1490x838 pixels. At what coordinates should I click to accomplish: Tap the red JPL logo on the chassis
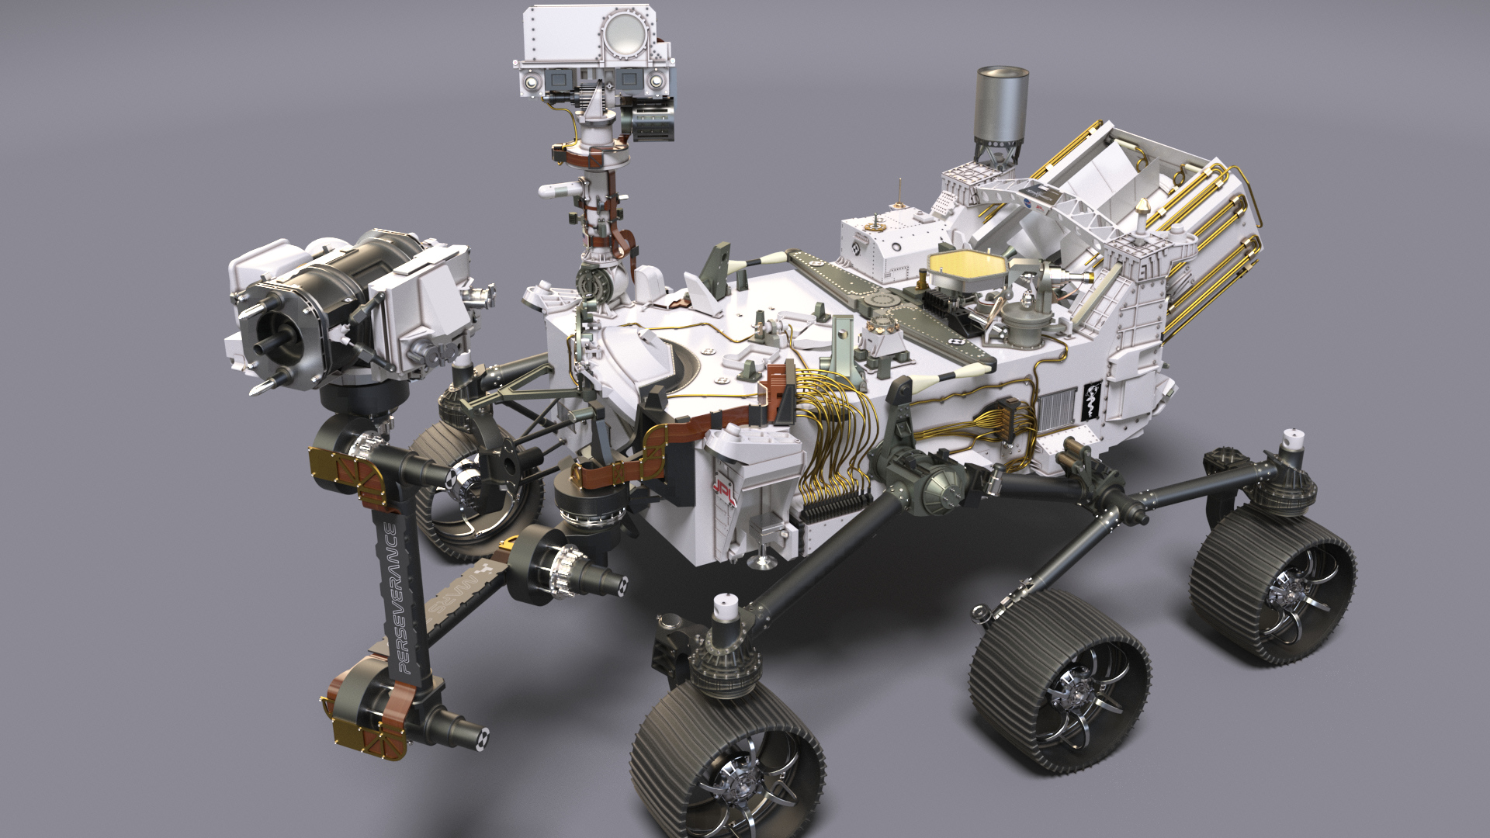(722, 486)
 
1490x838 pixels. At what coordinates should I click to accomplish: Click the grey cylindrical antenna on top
(1000, 105)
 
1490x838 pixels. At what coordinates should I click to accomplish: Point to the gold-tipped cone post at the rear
(1145, 209)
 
